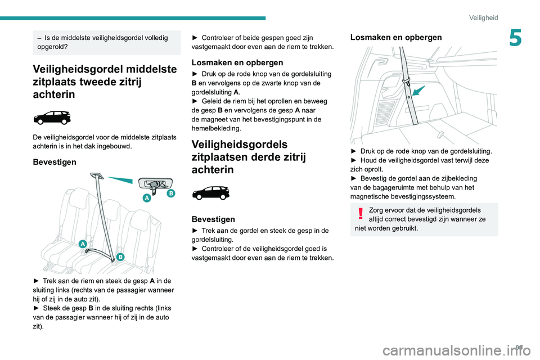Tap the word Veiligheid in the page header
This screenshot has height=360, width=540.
483,18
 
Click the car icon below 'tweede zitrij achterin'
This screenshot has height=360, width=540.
52,118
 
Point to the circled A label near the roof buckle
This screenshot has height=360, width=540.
147,198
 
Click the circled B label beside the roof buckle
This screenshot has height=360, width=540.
170,193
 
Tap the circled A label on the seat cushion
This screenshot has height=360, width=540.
83,244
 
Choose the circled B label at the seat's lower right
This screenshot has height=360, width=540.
120,258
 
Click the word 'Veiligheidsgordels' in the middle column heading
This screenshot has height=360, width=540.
240,145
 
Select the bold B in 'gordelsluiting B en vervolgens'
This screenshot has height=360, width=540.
194,83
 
